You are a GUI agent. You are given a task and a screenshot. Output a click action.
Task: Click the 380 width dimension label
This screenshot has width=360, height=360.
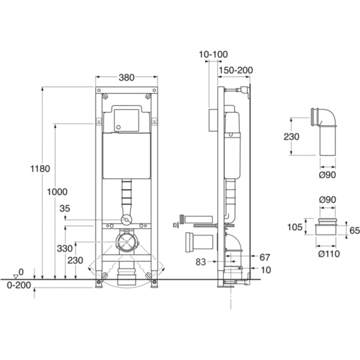(126, 77)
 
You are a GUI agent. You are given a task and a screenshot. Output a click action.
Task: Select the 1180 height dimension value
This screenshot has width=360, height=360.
(40, 169)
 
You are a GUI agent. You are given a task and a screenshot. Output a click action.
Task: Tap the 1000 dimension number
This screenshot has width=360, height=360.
(57, 192)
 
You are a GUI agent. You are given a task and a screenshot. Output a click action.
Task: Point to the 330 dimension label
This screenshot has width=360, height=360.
(65, 248)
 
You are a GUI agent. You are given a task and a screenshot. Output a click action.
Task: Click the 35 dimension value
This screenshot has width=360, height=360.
(65, 209)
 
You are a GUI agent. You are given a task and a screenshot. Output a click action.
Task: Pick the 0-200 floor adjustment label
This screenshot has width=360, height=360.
(19, 285)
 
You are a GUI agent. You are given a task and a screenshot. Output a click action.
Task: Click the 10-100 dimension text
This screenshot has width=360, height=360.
(213, 54)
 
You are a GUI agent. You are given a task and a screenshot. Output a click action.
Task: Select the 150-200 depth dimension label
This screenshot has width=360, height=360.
(236, 70)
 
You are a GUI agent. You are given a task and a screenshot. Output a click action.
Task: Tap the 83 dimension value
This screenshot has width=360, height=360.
(201, 262)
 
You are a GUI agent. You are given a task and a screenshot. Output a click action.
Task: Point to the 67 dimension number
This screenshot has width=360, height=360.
(264, 257)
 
